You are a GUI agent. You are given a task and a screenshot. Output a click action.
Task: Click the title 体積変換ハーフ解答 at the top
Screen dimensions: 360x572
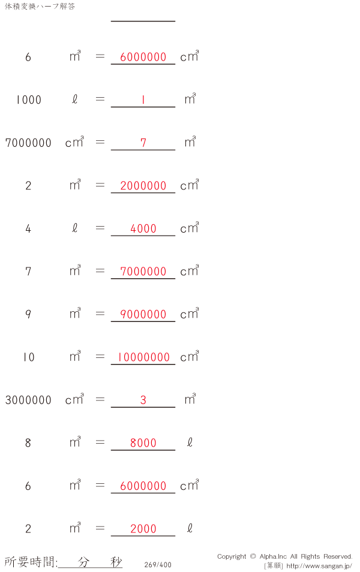40,7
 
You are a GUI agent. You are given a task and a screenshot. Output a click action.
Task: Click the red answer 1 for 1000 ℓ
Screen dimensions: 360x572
143,100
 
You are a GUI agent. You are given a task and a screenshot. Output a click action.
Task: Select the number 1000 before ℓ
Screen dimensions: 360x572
28,100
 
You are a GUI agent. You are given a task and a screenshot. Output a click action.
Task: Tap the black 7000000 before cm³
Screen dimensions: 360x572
28,143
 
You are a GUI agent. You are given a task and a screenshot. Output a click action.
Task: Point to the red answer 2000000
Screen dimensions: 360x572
143,186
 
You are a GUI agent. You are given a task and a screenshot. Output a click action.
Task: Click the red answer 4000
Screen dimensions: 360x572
143,228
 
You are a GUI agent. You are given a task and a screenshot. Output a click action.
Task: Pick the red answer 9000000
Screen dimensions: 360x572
143,314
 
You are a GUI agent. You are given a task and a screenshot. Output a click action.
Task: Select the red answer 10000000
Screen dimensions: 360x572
143,357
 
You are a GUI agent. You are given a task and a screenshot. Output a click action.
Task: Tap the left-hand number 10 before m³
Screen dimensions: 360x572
28,357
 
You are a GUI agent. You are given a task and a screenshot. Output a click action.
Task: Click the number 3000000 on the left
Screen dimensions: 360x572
28,400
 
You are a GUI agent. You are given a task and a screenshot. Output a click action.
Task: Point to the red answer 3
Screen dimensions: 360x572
143,400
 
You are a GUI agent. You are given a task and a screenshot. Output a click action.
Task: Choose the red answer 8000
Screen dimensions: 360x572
143,443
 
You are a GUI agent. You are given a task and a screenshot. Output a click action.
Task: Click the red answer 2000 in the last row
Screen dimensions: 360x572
143,529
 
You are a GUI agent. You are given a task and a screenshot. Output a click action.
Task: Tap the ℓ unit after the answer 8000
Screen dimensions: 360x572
190,442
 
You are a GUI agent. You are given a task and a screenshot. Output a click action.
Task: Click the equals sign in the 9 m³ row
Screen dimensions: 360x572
100,314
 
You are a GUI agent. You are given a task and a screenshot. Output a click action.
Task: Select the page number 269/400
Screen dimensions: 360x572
158,565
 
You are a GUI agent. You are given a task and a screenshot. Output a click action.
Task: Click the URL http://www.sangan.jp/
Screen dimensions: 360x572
319,566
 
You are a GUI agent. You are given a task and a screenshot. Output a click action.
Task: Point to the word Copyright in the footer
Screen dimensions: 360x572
232,556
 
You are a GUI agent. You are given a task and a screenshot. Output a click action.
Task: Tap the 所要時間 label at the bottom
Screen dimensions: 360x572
30,562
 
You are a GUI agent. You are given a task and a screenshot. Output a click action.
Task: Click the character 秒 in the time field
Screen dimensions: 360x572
116,562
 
